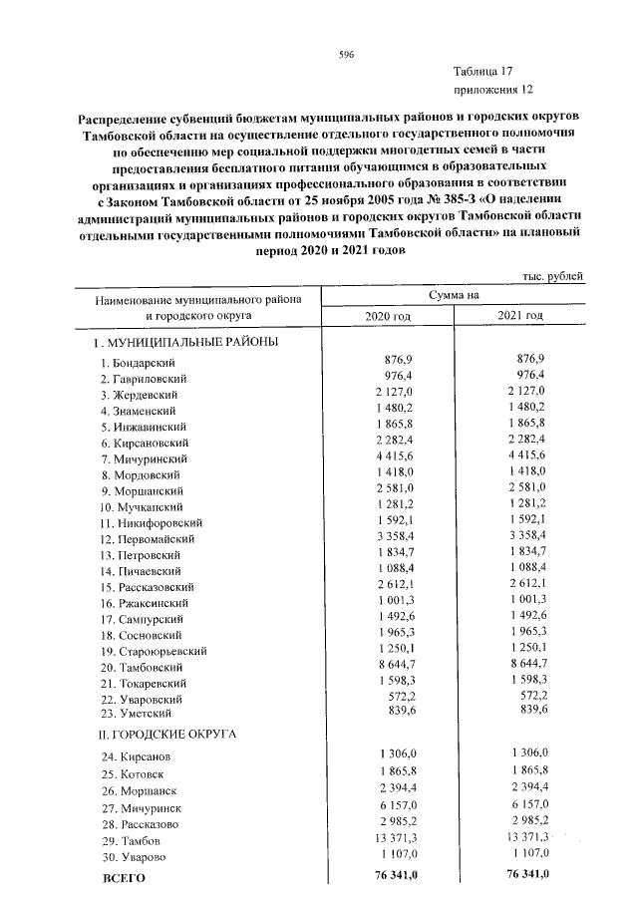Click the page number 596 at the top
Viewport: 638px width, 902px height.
(346, 55)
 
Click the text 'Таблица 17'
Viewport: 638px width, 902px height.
(482, 72)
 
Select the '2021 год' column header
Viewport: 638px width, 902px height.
(520, 316)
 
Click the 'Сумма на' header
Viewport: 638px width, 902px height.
(455, 296)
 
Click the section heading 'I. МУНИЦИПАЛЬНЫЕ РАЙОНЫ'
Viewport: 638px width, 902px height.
(186, 342)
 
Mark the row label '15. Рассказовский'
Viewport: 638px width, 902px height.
(146, 587)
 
